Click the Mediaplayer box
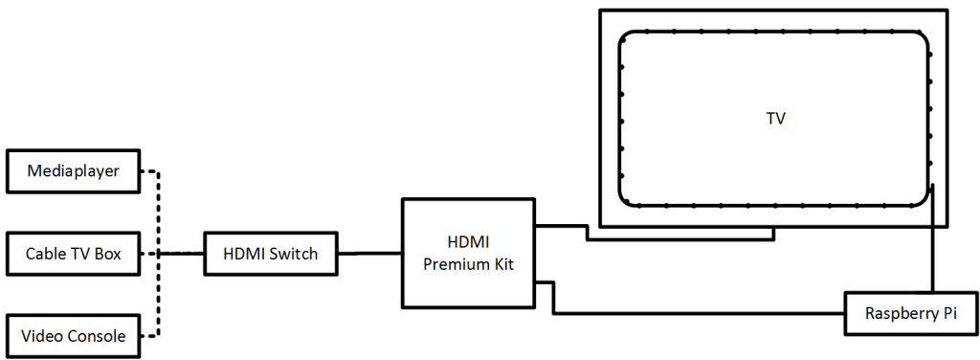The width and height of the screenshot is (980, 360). [x=74, y=172]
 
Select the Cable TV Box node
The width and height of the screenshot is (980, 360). [x=74, y=254]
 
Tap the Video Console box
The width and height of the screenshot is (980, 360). [x=74, y=335]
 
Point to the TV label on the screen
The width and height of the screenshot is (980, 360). [x=776, y=119]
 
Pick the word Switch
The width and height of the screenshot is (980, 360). [x=296, y=254]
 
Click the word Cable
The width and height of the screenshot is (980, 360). [x=42, y=254]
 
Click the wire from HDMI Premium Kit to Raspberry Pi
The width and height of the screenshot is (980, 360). [x=699, y=313]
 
